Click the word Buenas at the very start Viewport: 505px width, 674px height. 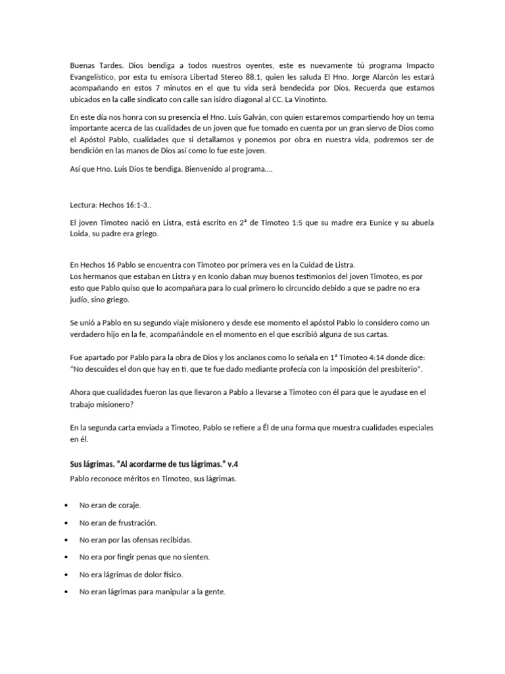82,66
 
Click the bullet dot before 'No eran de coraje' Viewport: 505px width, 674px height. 68,505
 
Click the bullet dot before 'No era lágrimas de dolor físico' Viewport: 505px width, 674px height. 68,575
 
